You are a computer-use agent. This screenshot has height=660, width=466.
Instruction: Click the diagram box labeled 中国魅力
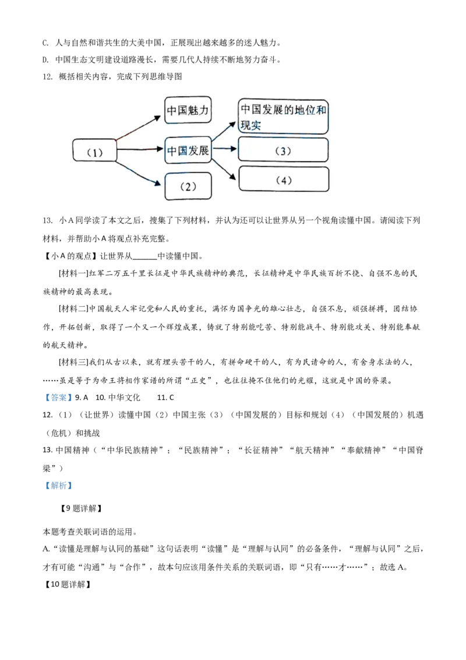pos(188,110)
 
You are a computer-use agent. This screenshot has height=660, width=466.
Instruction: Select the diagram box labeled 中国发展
pos(188,150)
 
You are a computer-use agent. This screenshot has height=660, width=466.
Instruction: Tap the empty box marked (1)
pos(94,150)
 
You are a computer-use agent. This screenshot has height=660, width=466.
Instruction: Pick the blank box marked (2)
pos(188,187)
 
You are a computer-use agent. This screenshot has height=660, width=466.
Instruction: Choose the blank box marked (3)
pos(283,150)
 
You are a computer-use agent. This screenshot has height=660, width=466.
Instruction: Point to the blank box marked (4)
pos(284,180)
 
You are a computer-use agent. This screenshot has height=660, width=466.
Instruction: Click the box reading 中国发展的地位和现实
pos(283,117)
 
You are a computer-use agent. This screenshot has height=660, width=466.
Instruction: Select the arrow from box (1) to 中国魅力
pos(138,128)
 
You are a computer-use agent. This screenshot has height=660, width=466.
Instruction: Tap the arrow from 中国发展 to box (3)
pos(225,149)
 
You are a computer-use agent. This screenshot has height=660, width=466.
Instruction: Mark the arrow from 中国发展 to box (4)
pos(224,168)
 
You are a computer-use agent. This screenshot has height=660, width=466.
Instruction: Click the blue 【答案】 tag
pos(57,398)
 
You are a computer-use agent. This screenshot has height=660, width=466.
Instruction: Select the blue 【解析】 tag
pos(58,485)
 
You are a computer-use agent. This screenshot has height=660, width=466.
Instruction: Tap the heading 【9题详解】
pos(81,508)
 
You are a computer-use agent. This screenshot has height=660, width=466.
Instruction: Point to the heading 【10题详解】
pos(68,584)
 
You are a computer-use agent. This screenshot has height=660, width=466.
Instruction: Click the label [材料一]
pos(73,273)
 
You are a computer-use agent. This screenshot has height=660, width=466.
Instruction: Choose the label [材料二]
pos(73,308)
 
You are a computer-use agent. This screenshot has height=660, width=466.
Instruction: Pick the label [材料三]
pos(73,362)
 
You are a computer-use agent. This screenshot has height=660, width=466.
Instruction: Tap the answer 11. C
pos(165,398)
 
